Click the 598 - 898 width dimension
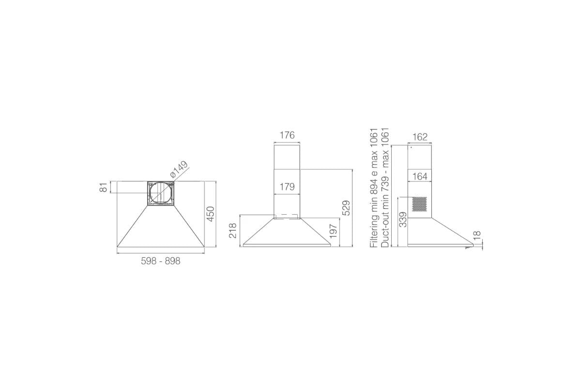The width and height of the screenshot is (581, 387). point(161,261)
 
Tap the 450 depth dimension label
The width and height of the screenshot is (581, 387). point(211,214)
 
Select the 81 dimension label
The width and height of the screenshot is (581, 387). point(103,187)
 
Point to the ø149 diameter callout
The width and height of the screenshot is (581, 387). point(179,169)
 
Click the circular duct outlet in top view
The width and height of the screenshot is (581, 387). point(161,193)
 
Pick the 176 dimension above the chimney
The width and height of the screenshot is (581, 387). point(287,135)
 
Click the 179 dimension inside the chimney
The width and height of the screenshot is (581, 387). point(287,187)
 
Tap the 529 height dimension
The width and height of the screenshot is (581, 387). point(346,208)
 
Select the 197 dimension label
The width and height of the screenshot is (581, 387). point(333,231)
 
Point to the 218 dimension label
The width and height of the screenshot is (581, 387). point(233,230)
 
